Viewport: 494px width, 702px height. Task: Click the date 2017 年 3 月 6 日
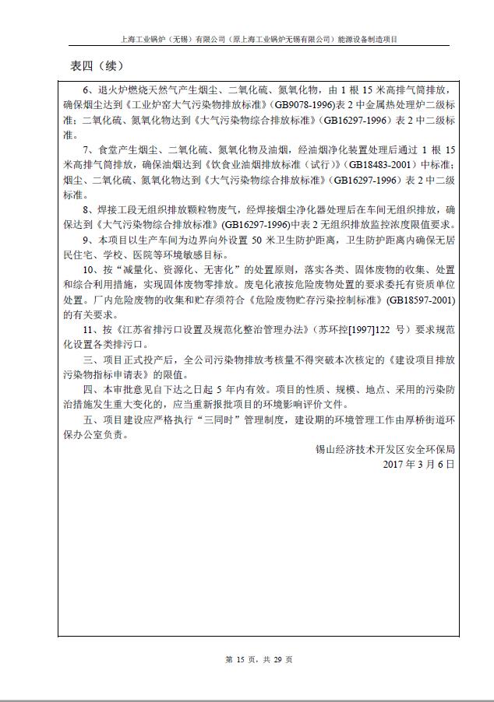(419, 463)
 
